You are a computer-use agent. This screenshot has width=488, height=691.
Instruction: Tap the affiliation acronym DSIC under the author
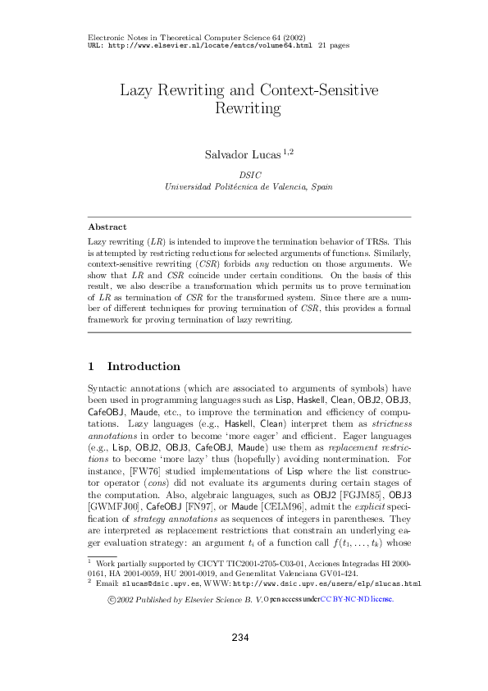(249, 175)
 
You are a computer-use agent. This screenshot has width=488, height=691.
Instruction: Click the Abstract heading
(107, 227)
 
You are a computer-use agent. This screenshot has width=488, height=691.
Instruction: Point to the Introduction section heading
(144, 366)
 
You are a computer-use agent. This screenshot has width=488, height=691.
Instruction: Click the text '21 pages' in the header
(334, 46)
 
